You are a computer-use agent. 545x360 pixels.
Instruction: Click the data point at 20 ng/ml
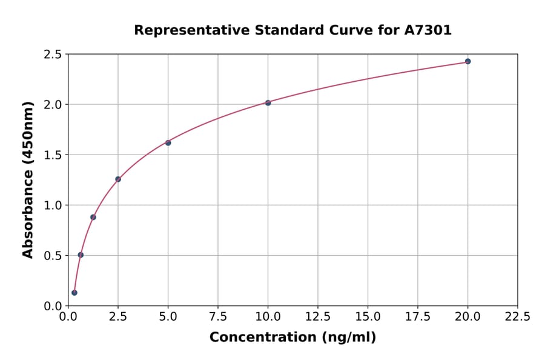(x=467, y=61)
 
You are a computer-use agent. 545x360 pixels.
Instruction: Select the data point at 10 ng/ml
(x=268, y=102)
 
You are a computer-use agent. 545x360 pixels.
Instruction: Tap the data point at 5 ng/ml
(x=168, y=143)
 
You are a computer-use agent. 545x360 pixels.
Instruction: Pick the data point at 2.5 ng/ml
(x=118, y=179)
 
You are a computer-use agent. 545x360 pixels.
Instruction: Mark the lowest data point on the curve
(x=74, y=293)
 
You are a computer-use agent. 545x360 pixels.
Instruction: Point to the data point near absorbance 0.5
(x=81, y=255)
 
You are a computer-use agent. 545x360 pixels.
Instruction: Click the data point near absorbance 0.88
(x=93, y=217)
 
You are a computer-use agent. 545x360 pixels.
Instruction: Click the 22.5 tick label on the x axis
(x=517, y=316)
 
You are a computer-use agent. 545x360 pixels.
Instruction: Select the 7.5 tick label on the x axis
(x=218, y=316)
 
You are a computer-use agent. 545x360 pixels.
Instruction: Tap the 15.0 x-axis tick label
(x=368, y=316)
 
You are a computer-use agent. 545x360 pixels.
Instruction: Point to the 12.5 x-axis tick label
(x=318, y=316)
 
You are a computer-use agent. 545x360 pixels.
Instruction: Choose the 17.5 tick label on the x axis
(x=417, y=316)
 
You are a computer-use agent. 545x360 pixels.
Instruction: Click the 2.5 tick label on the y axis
(x=53, y=55)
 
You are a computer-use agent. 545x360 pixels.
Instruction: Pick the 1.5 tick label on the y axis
(x=53, y=155)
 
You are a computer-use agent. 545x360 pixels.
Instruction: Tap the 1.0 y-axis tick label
(x=53, y=205)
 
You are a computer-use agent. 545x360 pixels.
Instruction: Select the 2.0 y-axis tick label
(x=53, y=105)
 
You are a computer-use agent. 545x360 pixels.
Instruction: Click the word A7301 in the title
(x=428, y=30)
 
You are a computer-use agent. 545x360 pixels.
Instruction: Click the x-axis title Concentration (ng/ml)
(x=292, y=338)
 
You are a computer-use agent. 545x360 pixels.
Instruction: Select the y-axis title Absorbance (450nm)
(x=28, y=179)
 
